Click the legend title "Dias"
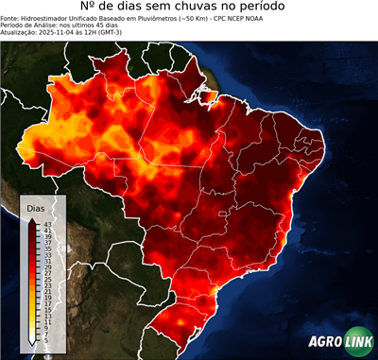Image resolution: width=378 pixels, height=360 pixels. tap(36, 207)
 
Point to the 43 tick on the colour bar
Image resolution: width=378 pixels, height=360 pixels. tap(47, 223)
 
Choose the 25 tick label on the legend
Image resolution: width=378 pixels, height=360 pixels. tap(47, 282)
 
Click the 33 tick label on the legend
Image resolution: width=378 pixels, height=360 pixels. tap(47, 255)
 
